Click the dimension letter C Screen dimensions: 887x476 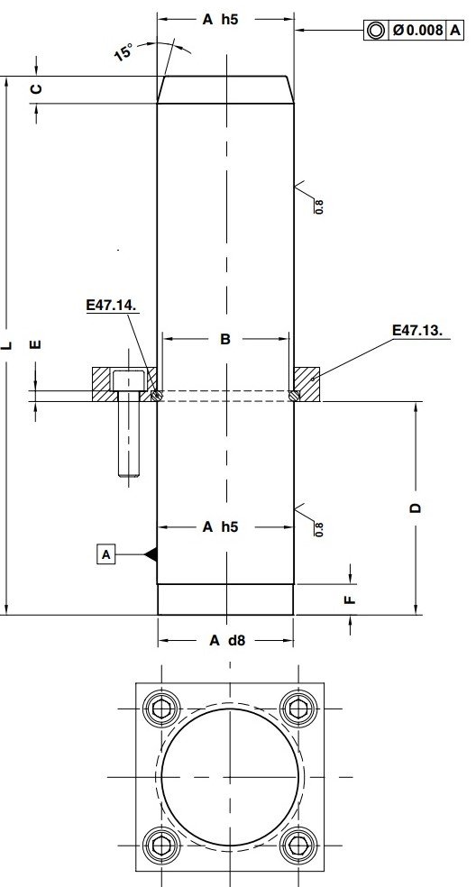point(36,88)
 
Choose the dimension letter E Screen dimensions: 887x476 point(36,345)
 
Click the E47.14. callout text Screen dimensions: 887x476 point(111,306)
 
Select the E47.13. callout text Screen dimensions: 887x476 point(417,331)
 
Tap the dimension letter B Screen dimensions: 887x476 point(225,339)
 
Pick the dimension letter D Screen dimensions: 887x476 point(416,508)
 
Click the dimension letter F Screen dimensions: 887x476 point(352,597)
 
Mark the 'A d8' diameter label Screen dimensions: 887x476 point(225,640)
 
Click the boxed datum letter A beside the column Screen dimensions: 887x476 point(106,554)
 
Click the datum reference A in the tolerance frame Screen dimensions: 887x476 point(456,30)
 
